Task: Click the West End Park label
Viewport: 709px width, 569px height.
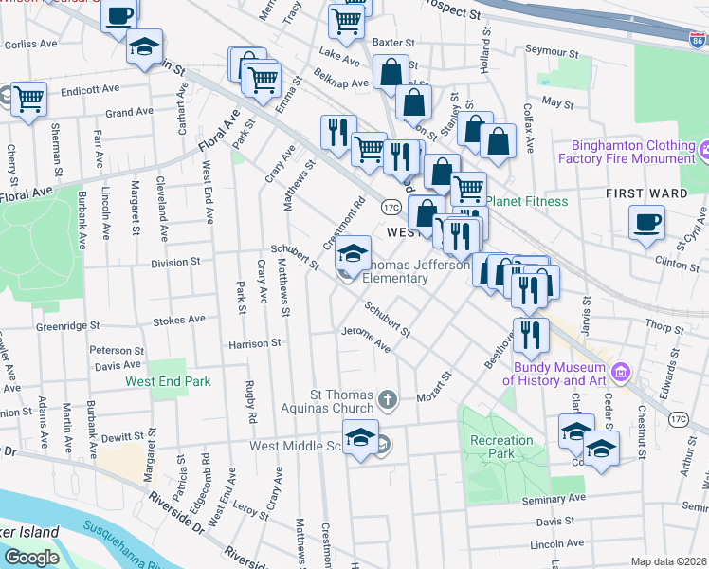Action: pos(168,382)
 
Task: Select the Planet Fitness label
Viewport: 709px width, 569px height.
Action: pos(527,201)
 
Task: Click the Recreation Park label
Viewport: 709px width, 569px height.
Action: pos(502,447)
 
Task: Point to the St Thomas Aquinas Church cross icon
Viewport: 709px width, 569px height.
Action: pos(387,399)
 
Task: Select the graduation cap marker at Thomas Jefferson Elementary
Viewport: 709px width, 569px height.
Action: pos(354,253)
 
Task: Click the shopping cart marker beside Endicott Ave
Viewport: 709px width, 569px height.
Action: pos(30,97)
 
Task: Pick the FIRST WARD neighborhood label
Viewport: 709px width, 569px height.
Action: pos(647,193)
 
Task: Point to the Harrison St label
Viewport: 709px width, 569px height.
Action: pos(255,343)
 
